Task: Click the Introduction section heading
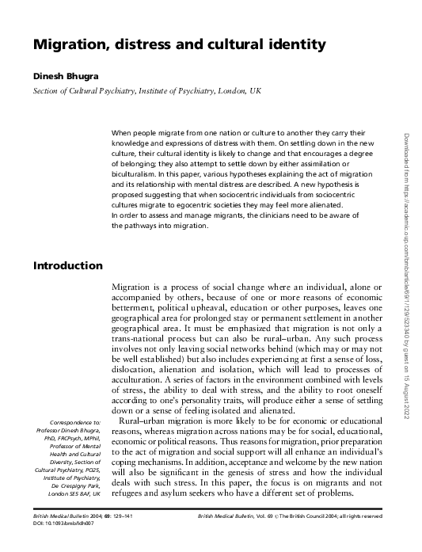click(67, 265)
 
